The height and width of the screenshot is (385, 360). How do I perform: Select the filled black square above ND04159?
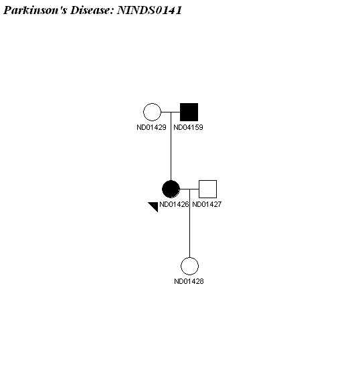[x=189, y=112]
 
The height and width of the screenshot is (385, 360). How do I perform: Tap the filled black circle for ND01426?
[x=171, y=189]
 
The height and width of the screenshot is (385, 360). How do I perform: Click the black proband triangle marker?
[x=155, y=206]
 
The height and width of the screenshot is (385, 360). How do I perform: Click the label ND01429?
[x=151, y=127]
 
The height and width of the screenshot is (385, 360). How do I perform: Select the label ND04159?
[x=188, y=127]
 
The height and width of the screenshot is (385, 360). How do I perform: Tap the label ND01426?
[x=174, y=204]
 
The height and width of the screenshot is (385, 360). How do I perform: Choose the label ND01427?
[x=207, y=204]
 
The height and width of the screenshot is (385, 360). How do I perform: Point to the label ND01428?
[x=189, y=281]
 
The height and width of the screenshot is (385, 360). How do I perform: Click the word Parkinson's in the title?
[x=35, y=10]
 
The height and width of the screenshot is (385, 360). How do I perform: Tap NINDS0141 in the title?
[x=149, y=10]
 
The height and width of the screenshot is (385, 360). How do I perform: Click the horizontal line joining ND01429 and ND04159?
[x=171, y=112]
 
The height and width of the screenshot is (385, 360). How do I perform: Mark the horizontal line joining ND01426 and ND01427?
[x=189, y=189]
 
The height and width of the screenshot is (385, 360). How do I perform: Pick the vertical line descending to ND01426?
[x=171, y=146]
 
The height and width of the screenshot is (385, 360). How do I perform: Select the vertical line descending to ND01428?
[x=189, y=223]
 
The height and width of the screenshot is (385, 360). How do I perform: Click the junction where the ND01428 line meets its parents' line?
[x=189, y=189]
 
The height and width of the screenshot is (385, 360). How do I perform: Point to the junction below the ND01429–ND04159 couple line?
[x=171, y=112]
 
